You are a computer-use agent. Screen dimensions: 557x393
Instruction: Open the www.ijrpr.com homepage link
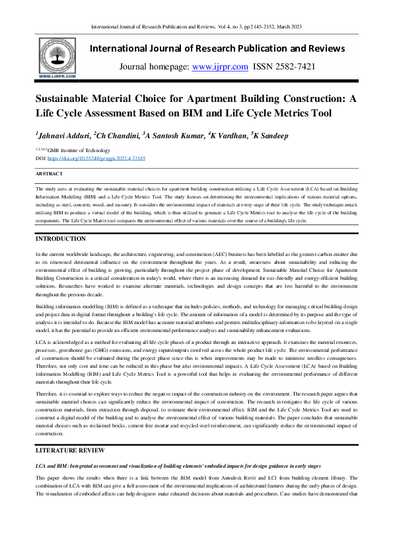pos(220,67)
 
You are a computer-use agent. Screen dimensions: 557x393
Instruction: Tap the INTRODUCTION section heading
pos(60,238)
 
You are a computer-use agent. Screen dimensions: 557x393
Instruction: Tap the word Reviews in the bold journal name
pos(320,48)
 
